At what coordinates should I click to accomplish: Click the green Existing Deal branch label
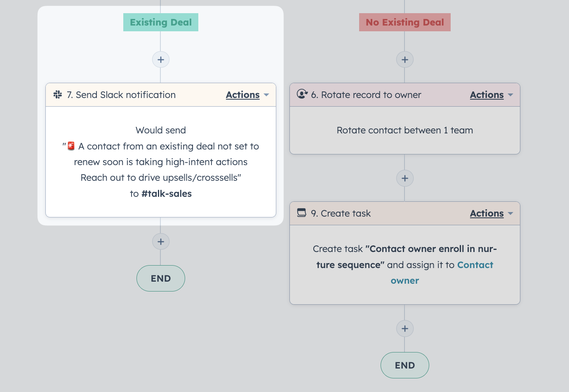(x=160, y=22)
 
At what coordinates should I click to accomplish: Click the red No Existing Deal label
(x=404, y=22)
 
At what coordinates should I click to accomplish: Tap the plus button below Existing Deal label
(x=160, y=60)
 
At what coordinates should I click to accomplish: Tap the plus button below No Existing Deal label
(x=404, y=60)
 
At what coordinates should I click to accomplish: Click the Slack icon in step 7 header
(x=58, y=95)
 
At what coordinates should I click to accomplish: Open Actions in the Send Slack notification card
(x=247, y=95)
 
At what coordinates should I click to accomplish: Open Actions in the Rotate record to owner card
(x=491, y=95)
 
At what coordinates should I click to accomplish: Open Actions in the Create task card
(x=491, y=213)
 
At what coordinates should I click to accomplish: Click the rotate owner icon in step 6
(x=302, y=94)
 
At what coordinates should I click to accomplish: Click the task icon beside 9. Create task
(x=301, y=212)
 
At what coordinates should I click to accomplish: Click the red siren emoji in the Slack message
(x=71, y=146)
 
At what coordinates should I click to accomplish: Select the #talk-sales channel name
(x=167, y=194)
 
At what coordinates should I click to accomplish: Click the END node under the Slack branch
(x=160, y=278)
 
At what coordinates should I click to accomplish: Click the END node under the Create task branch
(x=404, y=365)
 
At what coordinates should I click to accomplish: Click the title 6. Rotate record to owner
(x=366, y=95)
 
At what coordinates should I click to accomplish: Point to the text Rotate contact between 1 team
(x=404, y=130)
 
